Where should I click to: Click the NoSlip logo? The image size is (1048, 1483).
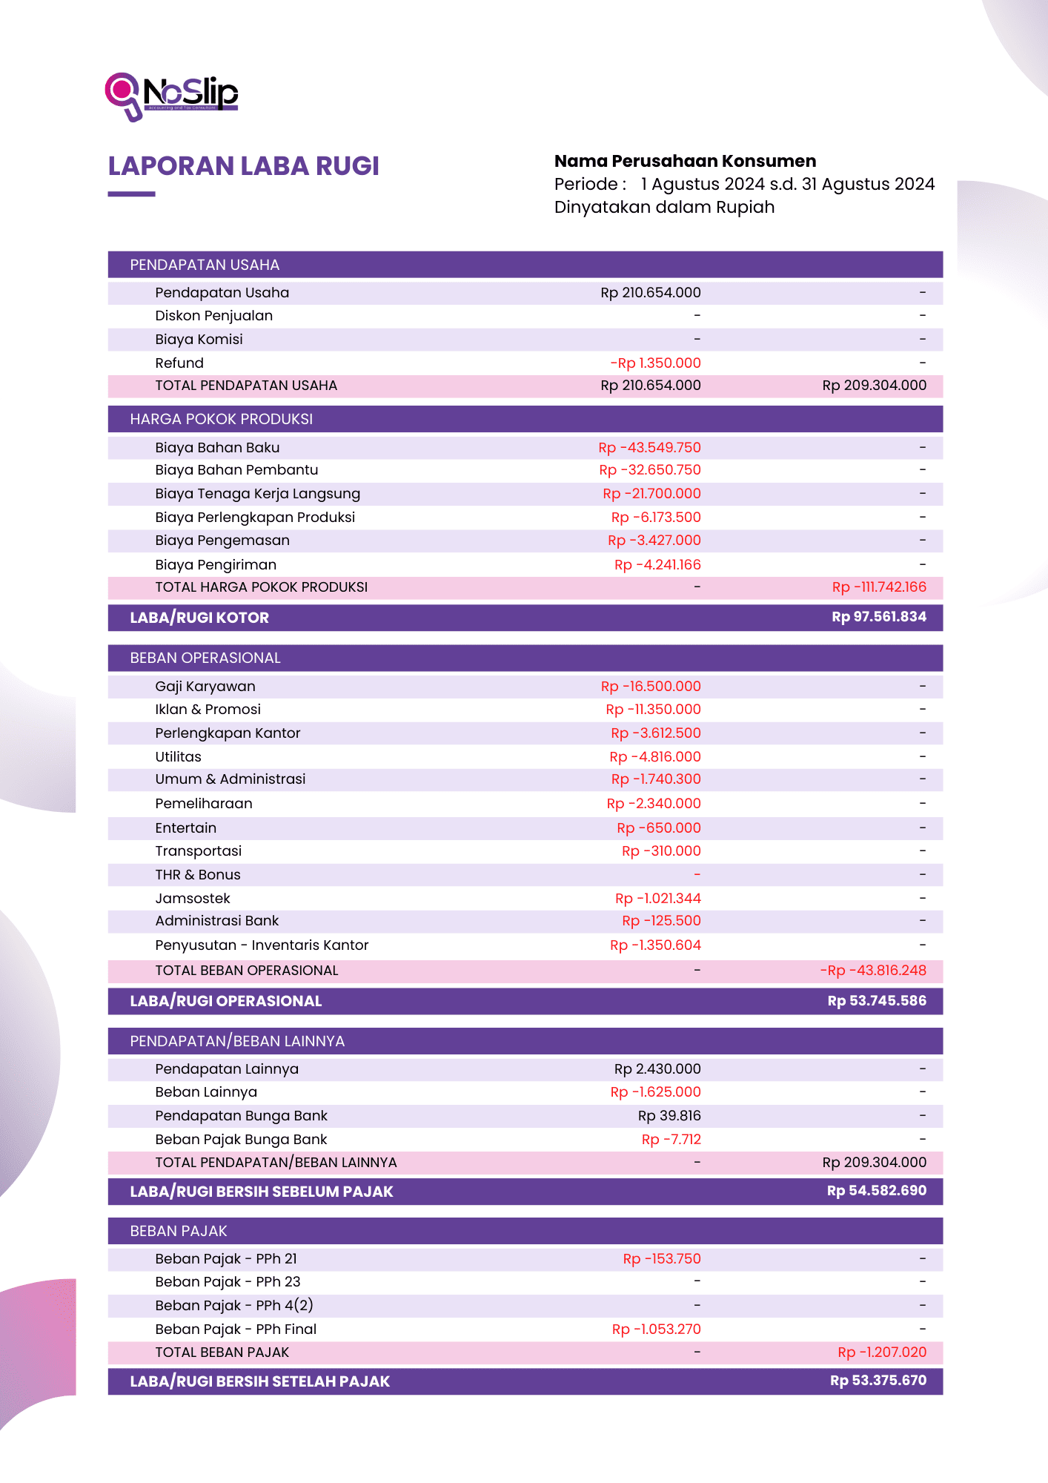coord(172,96)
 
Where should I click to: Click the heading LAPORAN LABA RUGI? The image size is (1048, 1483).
coord(243,166)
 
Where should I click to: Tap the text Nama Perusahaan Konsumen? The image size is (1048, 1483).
coord(685,161)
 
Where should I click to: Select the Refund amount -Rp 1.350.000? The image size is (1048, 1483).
coord(655,363)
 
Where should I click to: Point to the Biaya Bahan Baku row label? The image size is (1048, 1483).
coord(217,447)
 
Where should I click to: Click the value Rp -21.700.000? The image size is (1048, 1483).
coord(651,493)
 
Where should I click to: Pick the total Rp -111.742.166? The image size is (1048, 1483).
coord(879,587)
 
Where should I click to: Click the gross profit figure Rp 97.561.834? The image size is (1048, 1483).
coord(879,617)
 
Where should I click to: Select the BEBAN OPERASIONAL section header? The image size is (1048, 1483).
coord(205,658)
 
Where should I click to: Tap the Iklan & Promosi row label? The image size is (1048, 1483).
coord(208,709)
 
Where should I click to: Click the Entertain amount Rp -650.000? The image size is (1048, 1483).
coord(658,828)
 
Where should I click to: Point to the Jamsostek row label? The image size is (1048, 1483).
coord(193,898)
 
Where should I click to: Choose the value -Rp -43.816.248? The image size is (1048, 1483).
coord(873,970)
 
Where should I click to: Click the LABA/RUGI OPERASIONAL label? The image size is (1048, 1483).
coord(226,1001)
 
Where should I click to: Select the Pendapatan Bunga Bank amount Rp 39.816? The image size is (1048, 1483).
coord(669,1115)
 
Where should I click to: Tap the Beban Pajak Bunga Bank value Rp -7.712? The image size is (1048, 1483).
coord(671,1139)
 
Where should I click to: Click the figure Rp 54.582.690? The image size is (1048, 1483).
coord(877,1191)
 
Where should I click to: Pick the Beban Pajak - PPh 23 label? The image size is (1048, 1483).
coord(228,1281)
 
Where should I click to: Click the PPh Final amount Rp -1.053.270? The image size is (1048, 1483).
coord(656,1329)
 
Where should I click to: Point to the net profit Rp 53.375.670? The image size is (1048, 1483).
coord(878,1381)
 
